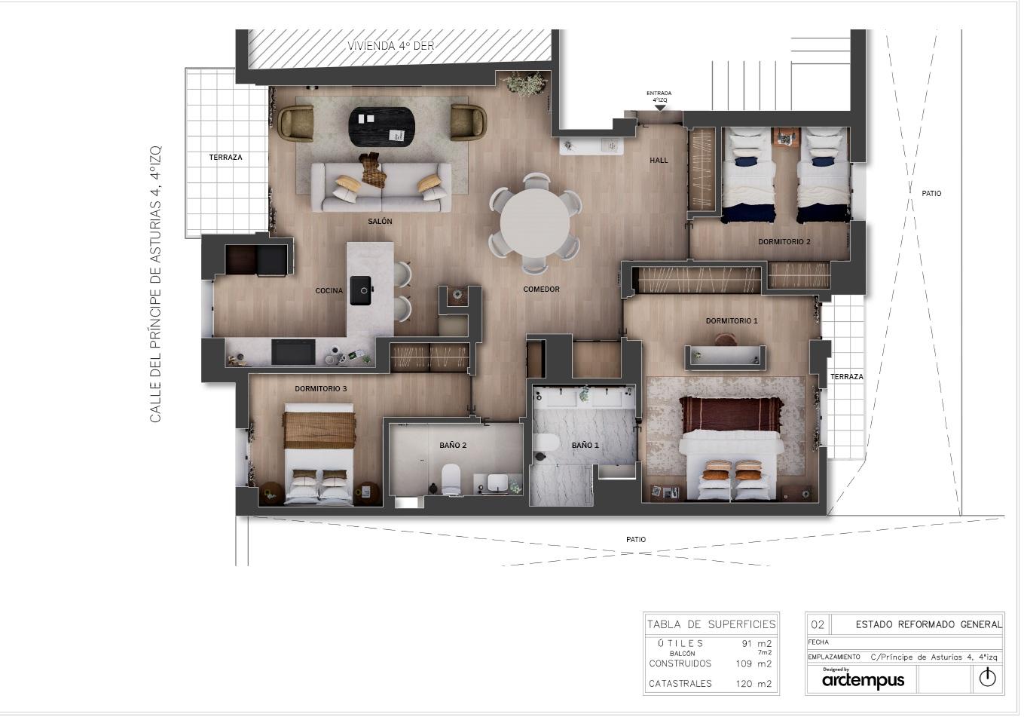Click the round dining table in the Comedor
(x=535, y=222)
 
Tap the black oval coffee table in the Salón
(x=381, y=127)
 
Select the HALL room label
(x=659, y=160)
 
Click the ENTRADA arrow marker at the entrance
(x=659, y=108)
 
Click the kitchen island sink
(x=361, y=290)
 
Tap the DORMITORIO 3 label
(x=320, y=389)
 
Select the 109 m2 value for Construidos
(x=753, y=663)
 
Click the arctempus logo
(x=863, y=680)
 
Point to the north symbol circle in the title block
(x=987, y=678)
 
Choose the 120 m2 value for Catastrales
(x=753, y=684)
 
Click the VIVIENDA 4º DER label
(x=391, y=46)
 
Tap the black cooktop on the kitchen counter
(x=293, y=351)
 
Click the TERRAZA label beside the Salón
(x=225, y=158)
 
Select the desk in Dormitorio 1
(x=725, y=357)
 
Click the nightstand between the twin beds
(x=787, y=137)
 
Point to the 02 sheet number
(x=818, y=624)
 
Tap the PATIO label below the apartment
(x=636, y=540)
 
